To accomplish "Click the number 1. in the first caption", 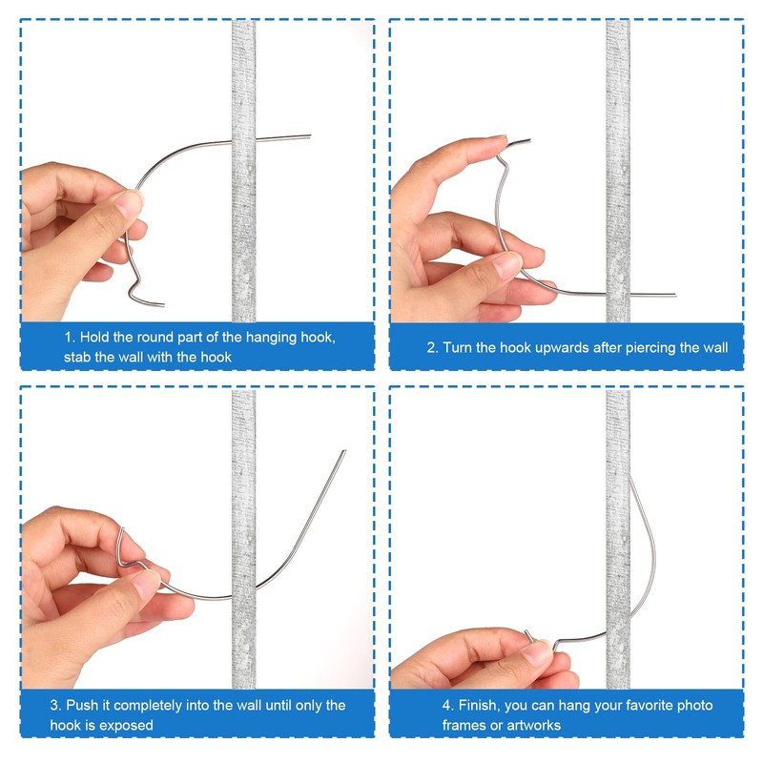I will pyautogui.click(x=70, y=339).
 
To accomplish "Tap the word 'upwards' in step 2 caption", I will pyautogui.click(x=564, y=347).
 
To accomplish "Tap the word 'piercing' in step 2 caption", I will pyautogui.click(x=646, y=347).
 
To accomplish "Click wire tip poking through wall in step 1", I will pyautogui.click(x=307, y=137).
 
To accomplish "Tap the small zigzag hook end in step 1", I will pyautogui.click(x=143, y=291).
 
